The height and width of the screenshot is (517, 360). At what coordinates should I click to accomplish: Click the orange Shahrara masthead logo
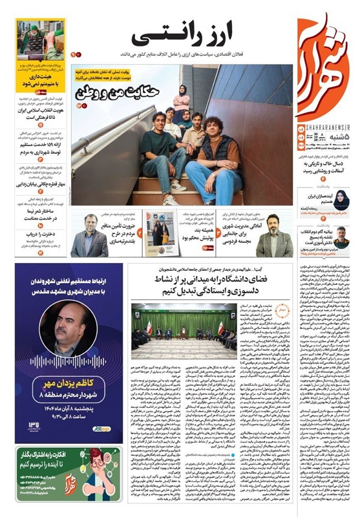[323, 65]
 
